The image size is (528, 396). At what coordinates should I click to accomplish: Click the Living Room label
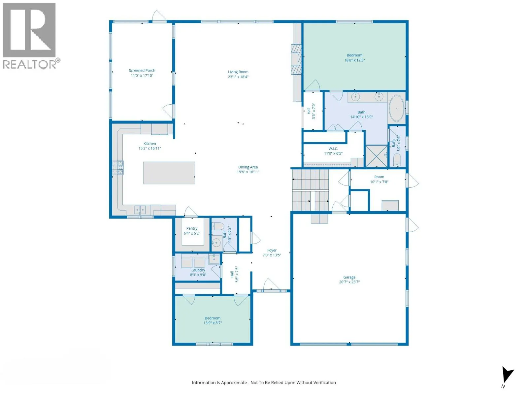pos(238,72)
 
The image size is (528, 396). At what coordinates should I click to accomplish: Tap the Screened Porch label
pos(142,70)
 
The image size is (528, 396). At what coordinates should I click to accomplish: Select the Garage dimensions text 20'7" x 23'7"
pos(349,282)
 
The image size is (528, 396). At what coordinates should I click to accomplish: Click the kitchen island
pos(169,173)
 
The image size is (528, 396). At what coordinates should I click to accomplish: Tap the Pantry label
pos(192,228)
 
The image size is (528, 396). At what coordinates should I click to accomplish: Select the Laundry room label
pos(198,270)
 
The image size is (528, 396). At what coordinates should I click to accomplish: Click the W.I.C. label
pos(333,148)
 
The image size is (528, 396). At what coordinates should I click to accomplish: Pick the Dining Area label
pos(248,167)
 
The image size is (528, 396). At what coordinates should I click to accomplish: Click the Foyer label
pos(272,250)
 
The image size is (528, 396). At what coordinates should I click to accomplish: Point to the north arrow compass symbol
pos(507,375)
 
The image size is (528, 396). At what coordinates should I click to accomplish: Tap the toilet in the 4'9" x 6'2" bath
pos(217,226)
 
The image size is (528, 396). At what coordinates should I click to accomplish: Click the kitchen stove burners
pos(117,167)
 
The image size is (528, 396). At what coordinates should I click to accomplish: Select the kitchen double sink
pos(140,210)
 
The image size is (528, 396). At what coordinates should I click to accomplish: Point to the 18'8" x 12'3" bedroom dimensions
pos(354,60)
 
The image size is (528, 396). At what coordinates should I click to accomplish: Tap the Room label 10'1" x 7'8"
pos(379,177)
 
